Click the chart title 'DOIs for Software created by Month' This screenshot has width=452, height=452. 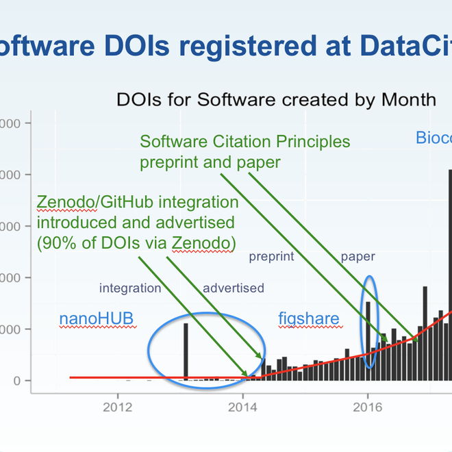[x=276, y=99]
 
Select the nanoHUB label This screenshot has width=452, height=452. [x=96, y=318]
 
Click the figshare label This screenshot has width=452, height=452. [x=307, y=318]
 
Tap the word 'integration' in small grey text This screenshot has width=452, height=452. [x=130, y=288]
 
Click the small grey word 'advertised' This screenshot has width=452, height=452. [x=233, y=288]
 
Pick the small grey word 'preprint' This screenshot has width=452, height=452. [x=271, y=257]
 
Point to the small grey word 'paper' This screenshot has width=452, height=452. [x=358, y=257]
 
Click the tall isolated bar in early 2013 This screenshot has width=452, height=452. [x=186, y=351]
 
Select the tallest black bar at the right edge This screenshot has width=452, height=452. [x=449, y=274]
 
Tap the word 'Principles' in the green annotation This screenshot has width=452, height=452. [x=314, y=142]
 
